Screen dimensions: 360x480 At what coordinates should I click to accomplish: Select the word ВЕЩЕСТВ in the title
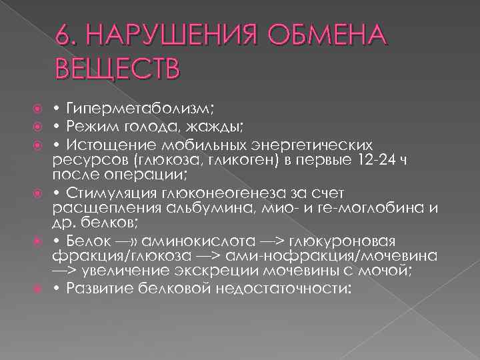tap(118, 69)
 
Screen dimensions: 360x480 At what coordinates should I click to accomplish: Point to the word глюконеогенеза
tap(215, 193)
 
